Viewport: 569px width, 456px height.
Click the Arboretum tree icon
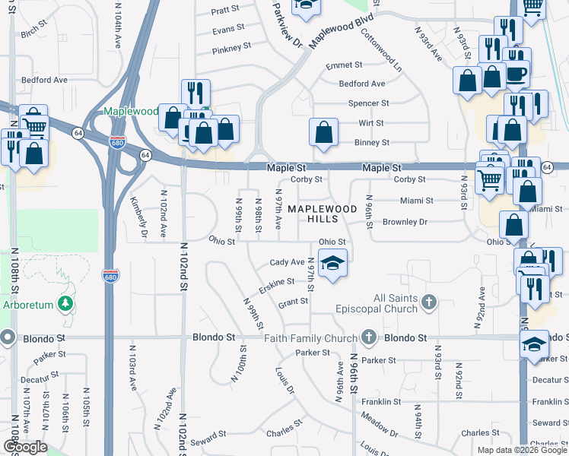66,303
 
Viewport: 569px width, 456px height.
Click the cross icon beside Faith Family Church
370,337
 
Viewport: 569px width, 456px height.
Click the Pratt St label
225,11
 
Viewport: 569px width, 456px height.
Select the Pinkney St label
232,47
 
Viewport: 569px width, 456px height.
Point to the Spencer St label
368,103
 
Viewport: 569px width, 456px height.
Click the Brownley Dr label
405,222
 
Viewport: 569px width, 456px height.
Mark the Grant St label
293,302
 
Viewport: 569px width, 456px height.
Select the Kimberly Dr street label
138,217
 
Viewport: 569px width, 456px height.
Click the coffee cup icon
517,74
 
